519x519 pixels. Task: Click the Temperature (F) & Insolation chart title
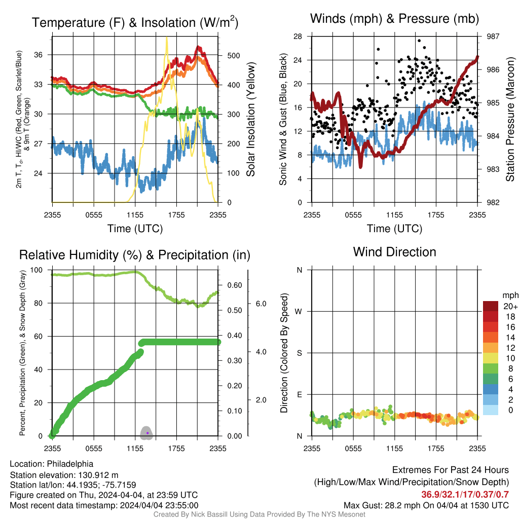[x=135, y=22]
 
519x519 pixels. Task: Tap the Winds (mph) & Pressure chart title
[x=394, y=19]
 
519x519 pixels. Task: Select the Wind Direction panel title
[x=394, y=252]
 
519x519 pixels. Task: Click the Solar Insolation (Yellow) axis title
[x=251, y=119]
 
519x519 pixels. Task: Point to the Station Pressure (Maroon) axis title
[x=510, y=119]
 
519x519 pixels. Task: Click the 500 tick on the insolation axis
[x=233, y=56]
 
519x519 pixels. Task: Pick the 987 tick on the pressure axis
[x=493, y=36]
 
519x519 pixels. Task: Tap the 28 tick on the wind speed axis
[x=298, y=36]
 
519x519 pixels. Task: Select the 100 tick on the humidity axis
[x=36, y=270]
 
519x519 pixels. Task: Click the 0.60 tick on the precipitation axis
[x=235, y=285]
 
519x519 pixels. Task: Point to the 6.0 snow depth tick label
[x=261, y=304]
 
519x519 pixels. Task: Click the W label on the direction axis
[x=299, y=312]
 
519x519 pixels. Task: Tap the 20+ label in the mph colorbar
[x=510, y=307]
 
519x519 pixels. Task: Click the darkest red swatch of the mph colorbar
[x=491, y=306]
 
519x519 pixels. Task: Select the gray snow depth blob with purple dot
[x=146, y=433]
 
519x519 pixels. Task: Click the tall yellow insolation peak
[x=166, y=39]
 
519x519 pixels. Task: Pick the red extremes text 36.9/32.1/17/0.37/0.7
[x=465, y=495]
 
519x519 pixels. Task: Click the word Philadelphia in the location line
[x=70, y=464]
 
